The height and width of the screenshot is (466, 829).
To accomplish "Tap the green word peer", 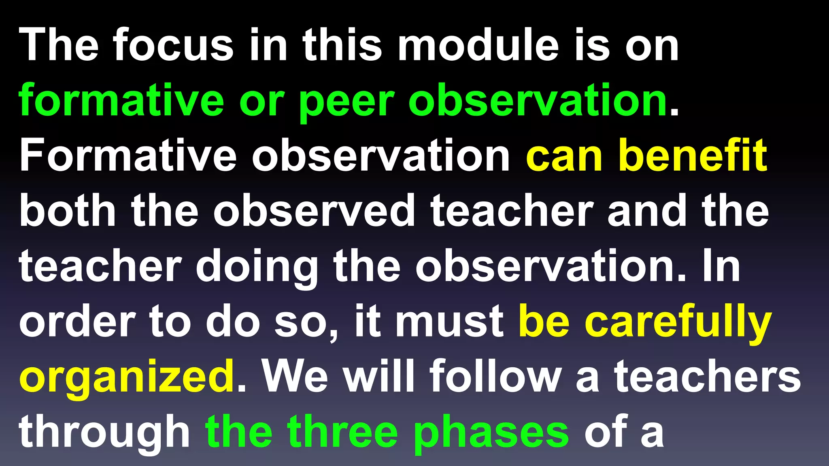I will pyautogui.click(x=346, y=101).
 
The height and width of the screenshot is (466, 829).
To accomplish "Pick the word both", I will pyautogui.click(x=68, y=211).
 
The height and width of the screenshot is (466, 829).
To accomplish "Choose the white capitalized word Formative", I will pyautogui.click(x=128, y=156).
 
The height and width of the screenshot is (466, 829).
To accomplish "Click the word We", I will pyautogui.click(x=295, y=377).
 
